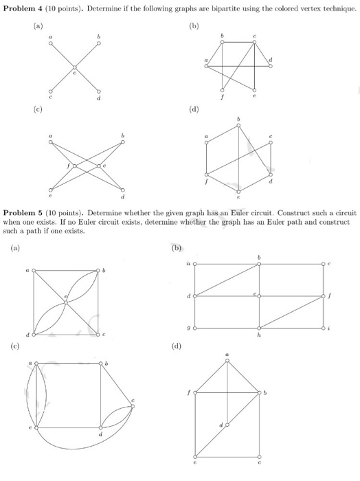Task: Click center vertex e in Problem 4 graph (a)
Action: [75, 67]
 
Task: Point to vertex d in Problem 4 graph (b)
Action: [270, 67]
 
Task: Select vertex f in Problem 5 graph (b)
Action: [324, 296]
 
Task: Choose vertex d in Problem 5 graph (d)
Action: [227, 425]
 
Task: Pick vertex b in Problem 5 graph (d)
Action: [260, 393]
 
